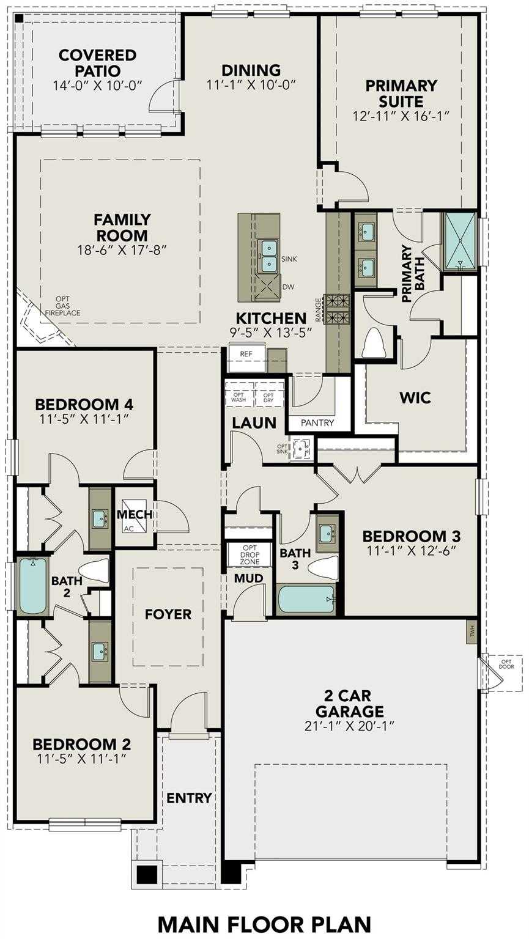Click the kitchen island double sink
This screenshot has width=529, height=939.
tap(269, 256)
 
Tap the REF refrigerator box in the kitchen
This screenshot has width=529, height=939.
tap(246, 354)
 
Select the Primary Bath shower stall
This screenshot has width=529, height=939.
tap(460, 241)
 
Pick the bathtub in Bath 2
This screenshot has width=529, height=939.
tap(32, 586)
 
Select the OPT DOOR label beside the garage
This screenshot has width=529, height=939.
tap(506, 664)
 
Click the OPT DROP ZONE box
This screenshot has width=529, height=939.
tap(250, 554)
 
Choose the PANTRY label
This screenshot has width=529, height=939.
tap(317, 422)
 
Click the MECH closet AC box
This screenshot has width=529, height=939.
tap(128, 528)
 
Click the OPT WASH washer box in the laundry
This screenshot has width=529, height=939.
tap(239, 397)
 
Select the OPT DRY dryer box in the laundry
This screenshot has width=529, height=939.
tap(268, 397)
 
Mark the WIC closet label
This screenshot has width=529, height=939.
tap(415, 398)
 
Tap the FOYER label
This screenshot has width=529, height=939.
tap(168, 614)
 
